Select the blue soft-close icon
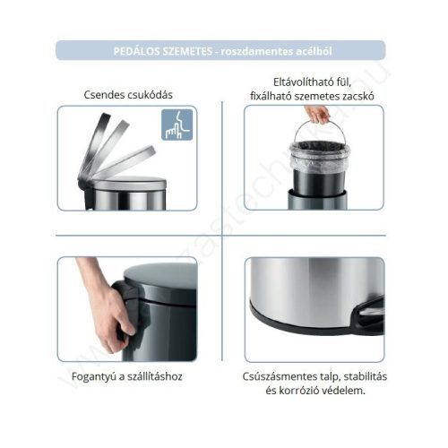pyautogui.click(x=177, y=125)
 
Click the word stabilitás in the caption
pyautogui.click(x=360, y=376)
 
